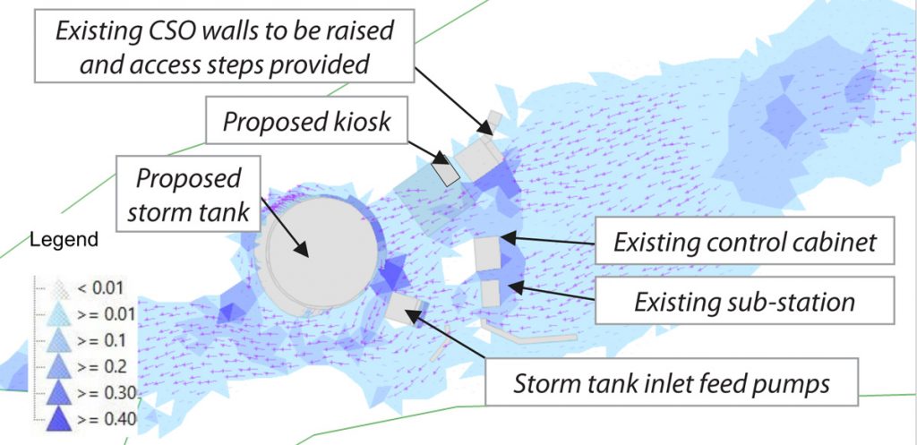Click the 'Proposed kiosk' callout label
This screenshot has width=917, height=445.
point(306,122)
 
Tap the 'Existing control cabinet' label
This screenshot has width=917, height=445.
point(744,242)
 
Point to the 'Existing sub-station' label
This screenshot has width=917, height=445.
point(744,301)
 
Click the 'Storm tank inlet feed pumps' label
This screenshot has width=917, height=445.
point(672,382)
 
